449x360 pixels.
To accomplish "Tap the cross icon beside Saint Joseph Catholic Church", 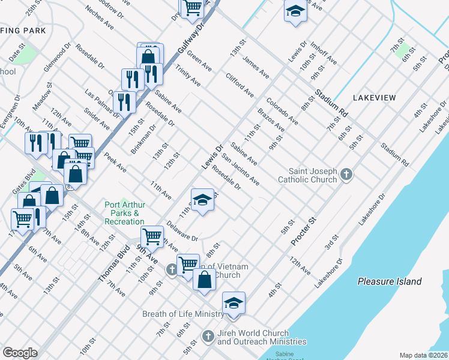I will [346, 175].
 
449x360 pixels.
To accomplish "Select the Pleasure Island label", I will [389, 281].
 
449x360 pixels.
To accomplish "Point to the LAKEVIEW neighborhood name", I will [374, 97].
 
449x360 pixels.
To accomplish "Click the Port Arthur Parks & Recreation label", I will [124, 213].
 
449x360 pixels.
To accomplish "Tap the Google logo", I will [20, 352].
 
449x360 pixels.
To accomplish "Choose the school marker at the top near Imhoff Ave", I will [295, 11].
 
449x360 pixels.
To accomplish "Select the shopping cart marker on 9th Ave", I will [152, 236].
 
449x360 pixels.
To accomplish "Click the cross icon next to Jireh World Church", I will [208, 337].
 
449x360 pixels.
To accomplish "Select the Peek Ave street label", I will [114, 161].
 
